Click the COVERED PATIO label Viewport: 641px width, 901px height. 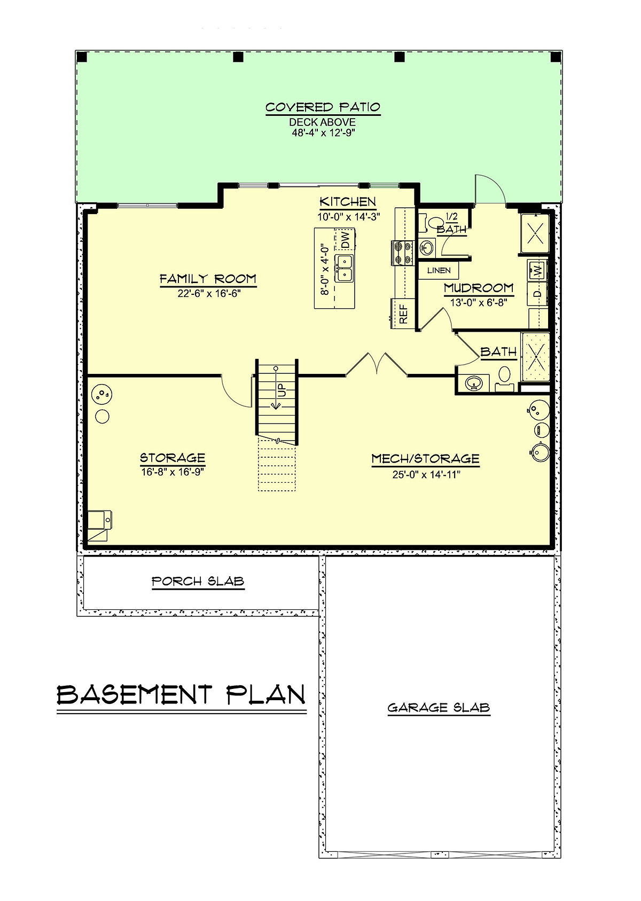coord(323,107)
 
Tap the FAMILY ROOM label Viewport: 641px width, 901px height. coord(208,279)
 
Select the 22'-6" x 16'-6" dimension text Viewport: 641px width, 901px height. coord(209,293)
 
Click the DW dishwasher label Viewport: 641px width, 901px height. coord(345,239)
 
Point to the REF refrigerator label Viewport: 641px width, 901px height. coord(404,314)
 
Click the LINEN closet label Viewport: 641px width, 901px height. coord(439,270)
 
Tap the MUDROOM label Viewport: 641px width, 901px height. coord(479,288)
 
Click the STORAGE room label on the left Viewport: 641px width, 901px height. coord(173,458)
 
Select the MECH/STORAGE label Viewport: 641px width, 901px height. coord(425,459)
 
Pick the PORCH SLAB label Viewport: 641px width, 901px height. coord(198,581)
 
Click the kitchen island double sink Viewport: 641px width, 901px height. coord(345,268)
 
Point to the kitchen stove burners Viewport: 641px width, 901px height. coord(401,253)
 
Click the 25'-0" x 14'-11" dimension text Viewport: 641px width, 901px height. coord(426,475)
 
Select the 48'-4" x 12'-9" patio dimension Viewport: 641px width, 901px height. coord(323,133)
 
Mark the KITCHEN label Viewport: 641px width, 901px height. coord(348,202)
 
